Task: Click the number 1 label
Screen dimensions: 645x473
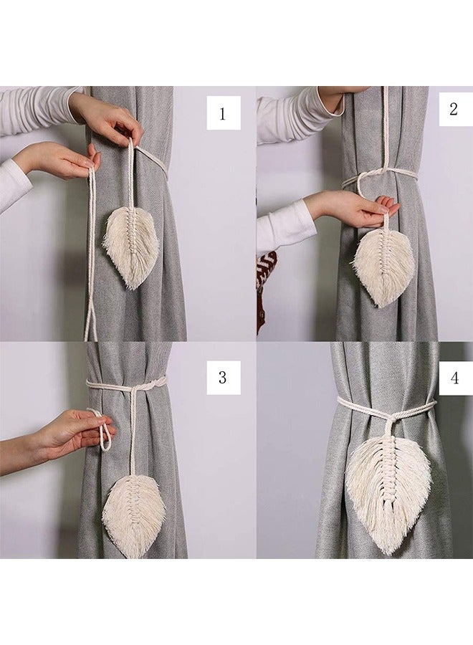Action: click(223, 113)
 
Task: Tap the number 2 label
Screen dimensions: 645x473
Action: click(454, 109)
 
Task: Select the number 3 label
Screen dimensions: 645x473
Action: click(223, 378)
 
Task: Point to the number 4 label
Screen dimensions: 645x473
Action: click(454, 378)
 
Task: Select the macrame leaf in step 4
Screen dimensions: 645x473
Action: click(388, 487)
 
